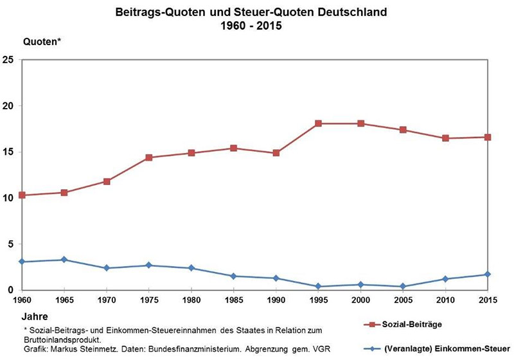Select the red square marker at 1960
pyautogui.click(x=22, y=195)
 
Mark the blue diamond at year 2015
pyautogui.click(x=488, y=274)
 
